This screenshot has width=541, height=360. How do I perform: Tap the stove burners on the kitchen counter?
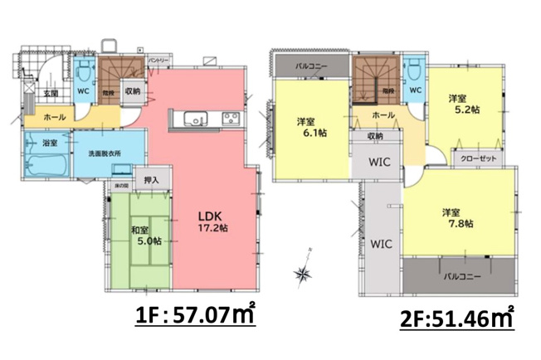(231, 118)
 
